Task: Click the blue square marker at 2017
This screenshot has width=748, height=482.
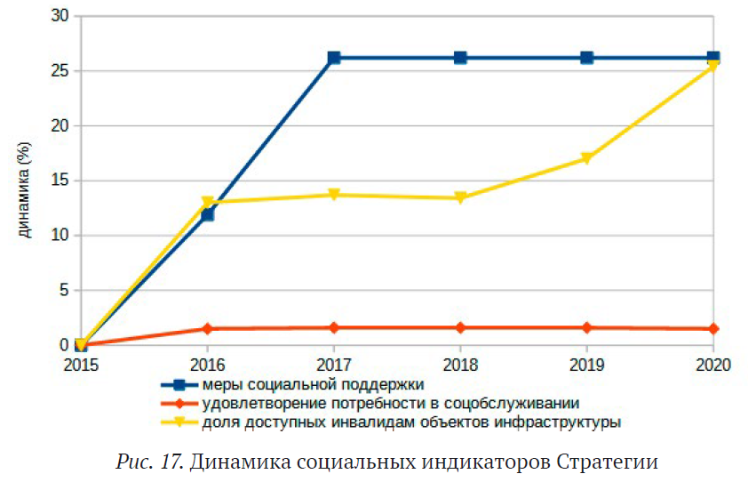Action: [334, 58]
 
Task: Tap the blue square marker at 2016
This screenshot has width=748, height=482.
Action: [207, 214]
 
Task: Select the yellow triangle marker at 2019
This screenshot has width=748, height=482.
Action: [586, 159]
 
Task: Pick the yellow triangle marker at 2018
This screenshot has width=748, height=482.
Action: [460, 198]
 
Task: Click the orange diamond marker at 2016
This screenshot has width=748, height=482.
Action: [207, 329]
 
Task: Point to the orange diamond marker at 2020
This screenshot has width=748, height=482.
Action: [712, 329]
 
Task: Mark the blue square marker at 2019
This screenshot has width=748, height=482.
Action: [586, 58]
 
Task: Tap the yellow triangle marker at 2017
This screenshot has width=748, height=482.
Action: [334, 195]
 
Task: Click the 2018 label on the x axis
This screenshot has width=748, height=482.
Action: [460, 365]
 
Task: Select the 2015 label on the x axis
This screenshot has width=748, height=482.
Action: [81, 365]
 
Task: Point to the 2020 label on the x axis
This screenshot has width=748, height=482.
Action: [712, 365]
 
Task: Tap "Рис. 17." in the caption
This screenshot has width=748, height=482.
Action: [148, 462]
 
